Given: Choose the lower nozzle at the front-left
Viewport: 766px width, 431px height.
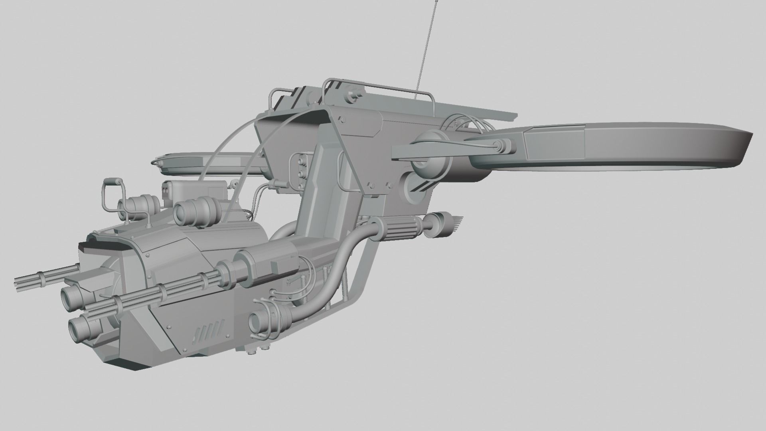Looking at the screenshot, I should click(82, 320).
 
